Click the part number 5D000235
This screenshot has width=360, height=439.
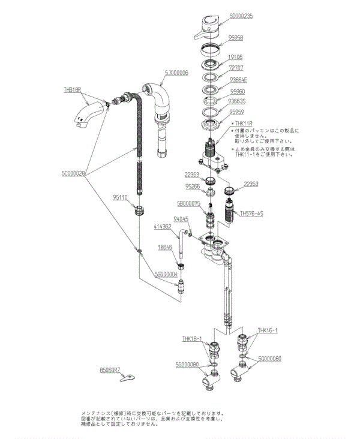(x=241, y=17)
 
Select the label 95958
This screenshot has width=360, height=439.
(x=235, y=37)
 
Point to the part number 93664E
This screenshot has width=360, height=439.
(x=238, y=80)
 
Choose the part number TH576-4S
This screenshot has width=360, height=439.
(x=252, y=213)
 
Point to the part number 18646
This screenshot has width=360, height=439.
(x=165, y=246)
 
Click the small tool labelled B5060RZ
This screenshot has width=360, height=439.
(x=127, y=378)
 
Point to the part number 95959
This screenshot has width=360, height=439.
(x=236, y=111)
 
